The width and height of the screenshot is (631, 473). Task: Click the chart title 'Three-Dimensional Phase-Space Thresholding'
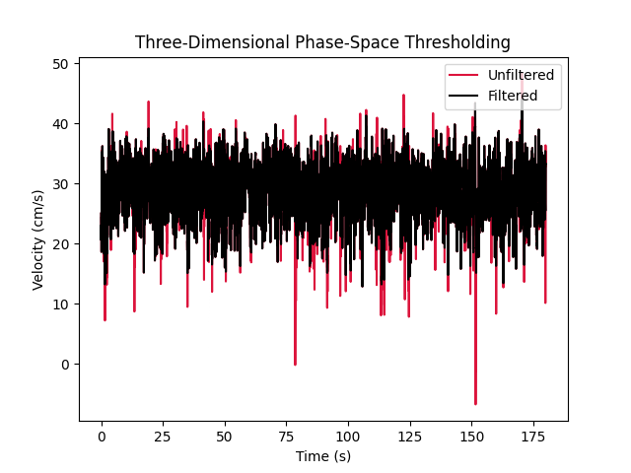[322, 42]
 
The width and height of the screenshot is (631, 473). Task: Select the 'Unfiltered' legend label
[521, 75]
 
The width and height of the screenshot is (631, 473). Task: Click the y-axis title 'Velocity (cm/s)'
[37, 239]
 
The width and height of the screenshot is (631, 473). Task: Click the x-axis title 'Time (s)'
[322, 456]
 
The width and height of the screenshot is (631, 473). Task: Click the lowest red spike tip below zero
[475, 404]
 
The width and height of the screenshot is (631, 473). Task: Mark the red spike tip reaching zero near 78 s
[295, 365]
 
